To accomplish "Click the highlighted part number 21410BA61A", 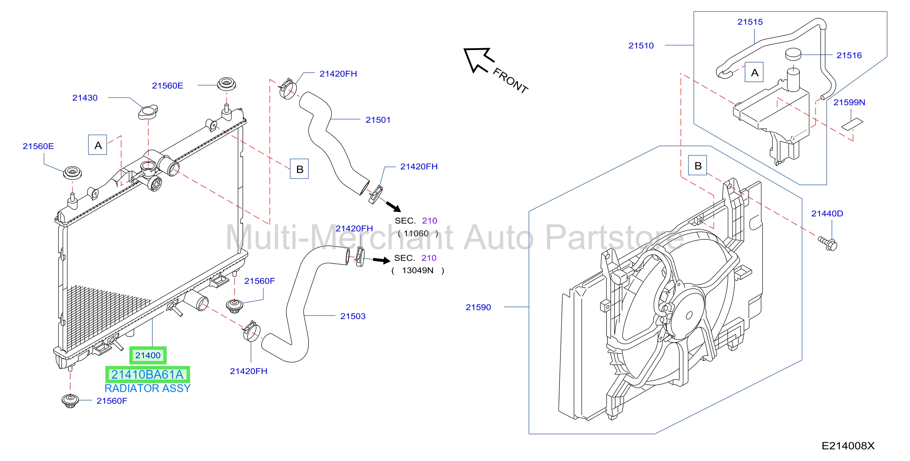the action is pos(148,375).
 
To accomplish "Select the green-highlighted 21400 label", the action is pos(148,355).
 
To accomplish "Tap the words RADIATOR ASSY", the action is pos(148,388).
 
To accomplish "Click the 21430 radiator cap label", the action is pos(85,98).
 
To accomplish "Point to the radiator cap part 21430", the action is pos(148,112).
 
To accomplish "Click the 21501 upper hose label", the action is pos(378,120).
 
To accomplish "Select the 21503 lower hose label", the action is pos(353,316).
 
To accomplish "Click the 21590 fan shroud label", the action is pos(478,307).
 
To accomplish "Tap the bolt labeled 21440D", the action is pos(828,244).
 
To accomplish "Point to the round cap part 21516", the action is pos(793,54).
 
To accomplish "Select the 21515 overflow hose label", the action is pos(750,22).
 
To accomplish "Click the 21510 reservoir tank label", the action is pos(641,46).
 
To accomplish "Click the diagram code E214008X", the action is pos(848,446).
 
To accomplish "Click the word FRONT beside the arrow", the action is pos(510,81).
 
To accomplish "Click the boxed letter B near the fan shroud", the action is pos(698,166).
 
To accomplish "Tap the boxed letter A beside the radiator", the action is pos(98,145).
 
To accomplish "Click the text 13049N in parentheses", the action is pos(418,270).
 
